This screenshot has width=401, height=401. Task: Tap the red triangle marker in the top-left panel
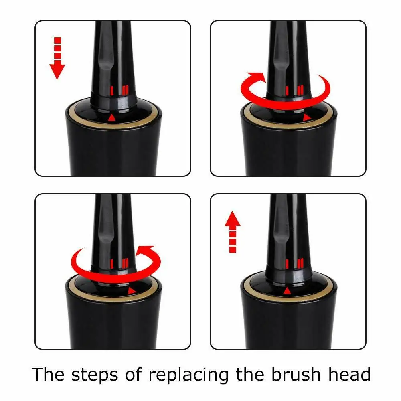[x=112, y=118]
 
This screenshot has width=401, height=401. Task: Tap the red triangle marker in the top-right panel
[x=307, y=118]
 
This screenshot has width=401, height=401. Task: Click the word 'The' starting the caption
[x=47, y=374]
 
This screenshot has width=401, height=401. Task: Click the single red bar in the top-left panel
[x=113, y=91]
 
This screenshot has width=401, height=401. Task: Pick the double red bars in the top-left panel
[x=126, y=90]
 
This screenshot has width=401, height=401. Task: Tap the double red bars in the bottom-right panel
[x=301, y=263]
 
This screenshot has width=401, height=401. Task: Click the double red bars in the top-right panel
[x=301, y=90]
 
